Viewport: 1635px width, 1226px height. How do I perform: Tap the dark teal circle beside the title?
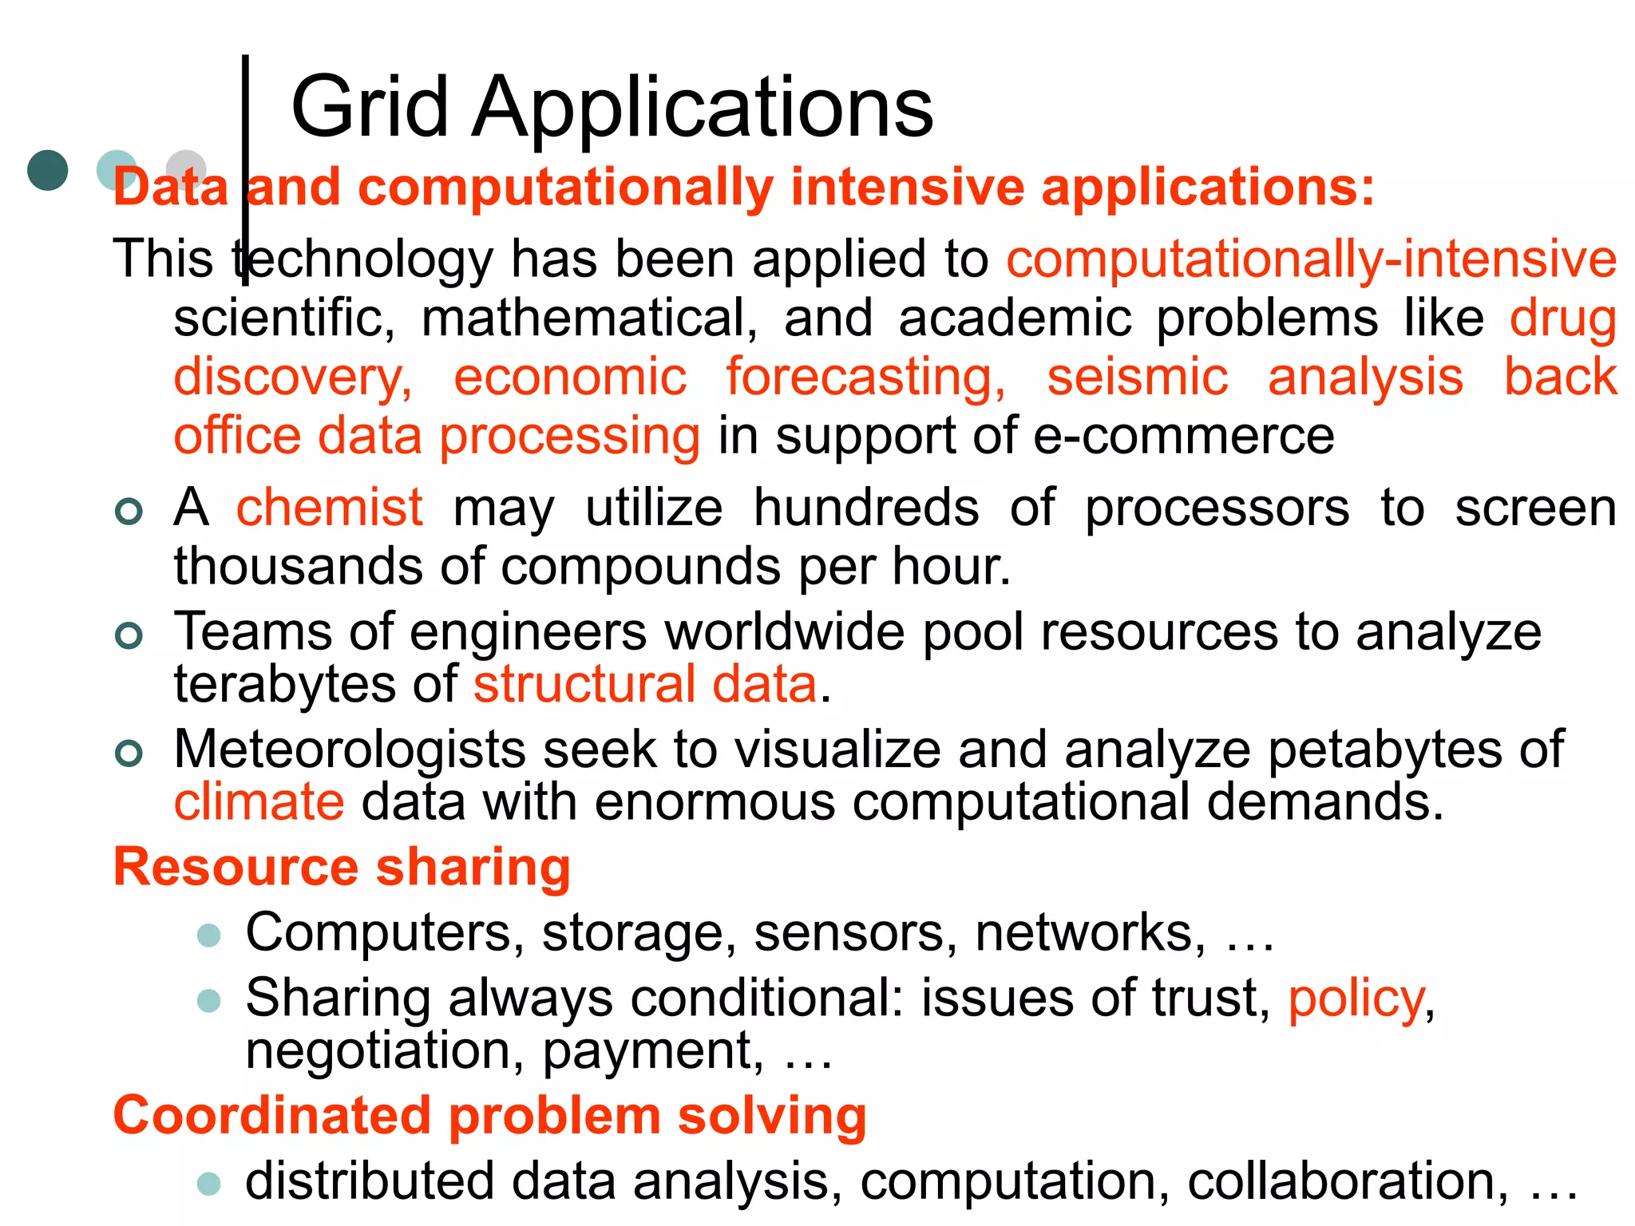(48, 170)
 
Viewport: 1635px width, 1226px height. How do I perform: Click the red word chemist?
(329, 508)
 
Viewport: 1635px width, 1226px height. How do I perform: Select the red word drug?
(1562, 318)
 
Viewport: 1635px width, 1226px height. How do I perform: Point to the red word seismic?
(1138, 377)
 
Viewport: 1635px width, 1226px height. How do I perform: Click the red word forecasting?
(865, 377)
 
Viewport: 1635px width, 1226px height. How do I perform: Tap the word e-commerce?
(1184, 437)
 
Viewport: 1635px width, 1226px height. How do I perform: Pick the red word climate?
(259, 802)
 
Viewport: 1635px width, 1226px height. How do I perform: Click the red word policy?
(1356, 999)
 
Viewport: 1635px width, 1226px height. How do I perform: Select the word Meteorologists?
(350, 750)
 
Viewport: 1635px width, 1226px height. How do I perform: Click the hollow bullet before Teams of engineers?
(129, 635)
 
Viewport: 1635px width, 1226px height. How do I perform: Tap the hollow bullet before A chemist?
(129, 511)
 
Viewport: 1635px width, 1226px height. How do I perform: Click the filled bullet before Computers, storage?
(209, 935)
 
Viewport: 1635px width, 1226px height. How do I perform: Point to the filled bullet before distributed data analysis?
(209, 1183)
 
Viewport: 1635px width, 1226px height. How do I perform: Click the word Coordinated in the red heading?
(271, 1115)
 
